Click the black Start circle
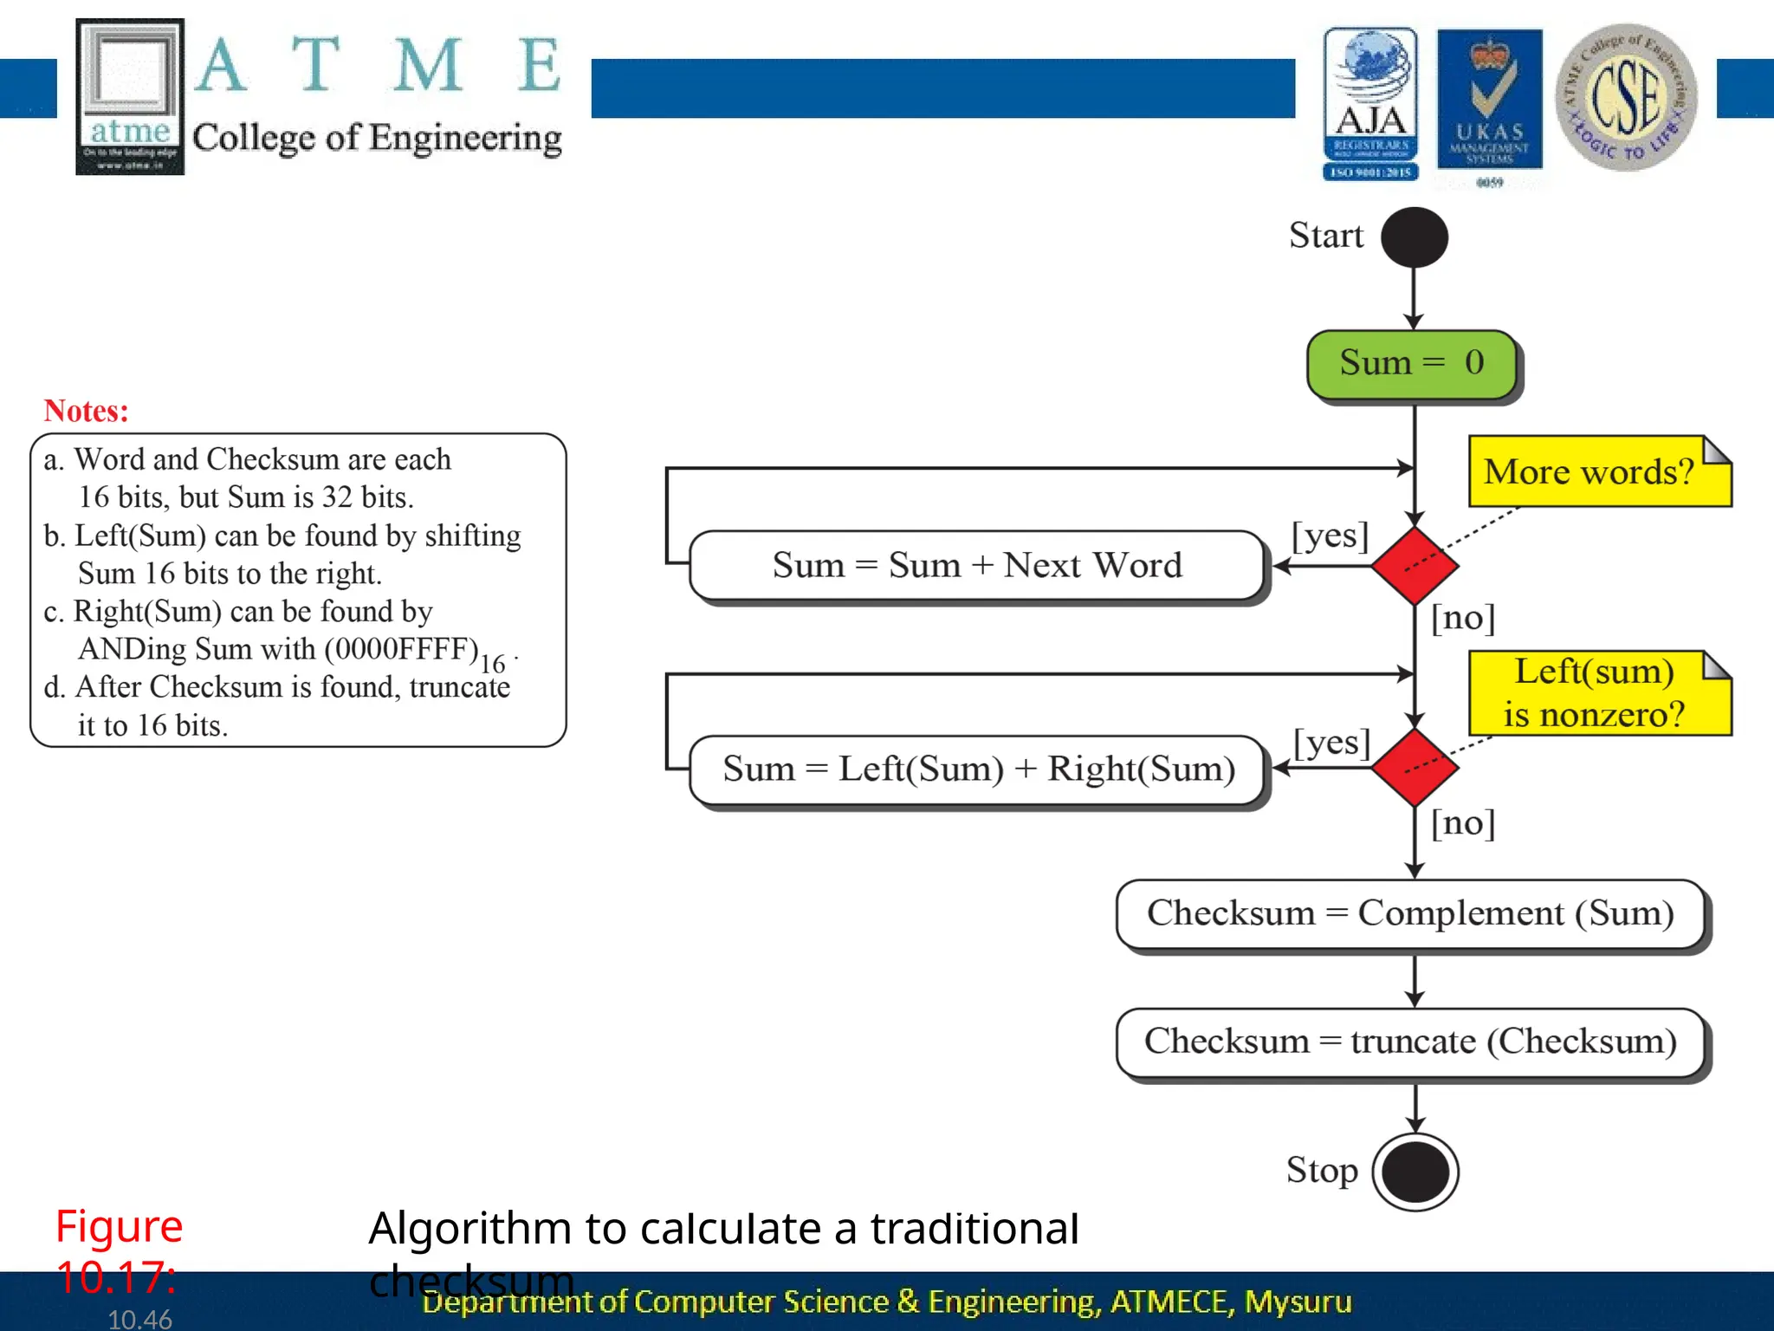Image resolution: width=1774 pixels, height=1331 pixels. tap(1414, 237)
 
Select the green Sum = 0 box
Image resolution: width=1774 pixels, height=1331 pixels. tap(1412, 364)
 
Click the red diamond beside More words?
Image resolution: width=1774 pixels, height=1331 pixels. tap(1415, 566)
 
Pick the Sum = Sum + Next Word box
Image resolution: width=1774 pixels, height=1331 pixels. tap(977, 566)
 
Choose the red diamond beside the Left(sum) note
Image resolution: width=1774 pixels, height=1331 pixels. tap(1415, 768)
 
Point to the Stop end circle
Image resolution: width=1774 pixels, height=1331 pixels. tap(1415, 1172)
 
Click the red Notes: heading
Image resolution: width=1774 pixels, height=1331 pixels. tap(86, 411)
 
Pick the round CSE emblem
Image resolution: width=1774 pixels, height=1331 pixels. tap(1626, 97)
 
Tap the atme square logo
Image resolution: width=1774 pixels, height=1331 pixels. tap(130, 96)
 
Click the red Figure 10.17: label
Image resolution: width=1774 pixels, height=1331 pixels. tap(119, 1251)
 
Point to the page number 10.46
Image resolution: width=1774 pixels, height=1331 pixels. tap(139, 1319)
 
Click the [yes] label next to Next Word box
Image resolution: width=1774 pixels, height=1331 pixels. tap(1330, 536)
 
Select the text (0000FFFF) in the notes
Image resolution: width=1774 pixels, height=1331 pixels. tap(402, 649)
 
